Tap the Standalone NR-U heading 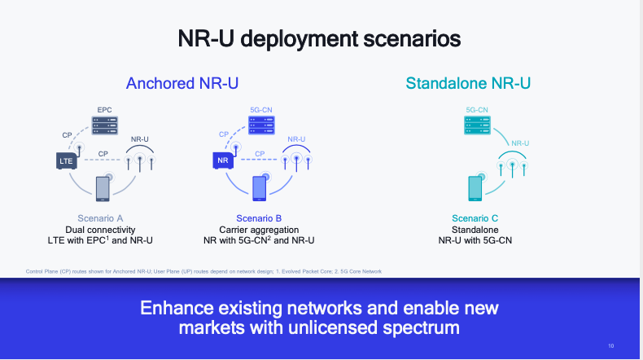473,83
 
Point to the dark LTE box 66,161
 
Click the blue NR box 223,161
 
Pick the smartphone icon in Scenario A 103,188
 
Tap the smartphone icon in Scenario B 260,188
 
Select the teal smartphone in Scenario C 475,188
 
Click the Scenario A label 101,218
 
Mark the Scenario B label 259,218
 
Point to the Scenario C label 475,218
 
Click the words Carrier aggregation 259,230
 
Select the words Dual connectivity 101,230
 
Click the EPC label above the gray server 104,109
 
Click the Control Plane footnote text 204,270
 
